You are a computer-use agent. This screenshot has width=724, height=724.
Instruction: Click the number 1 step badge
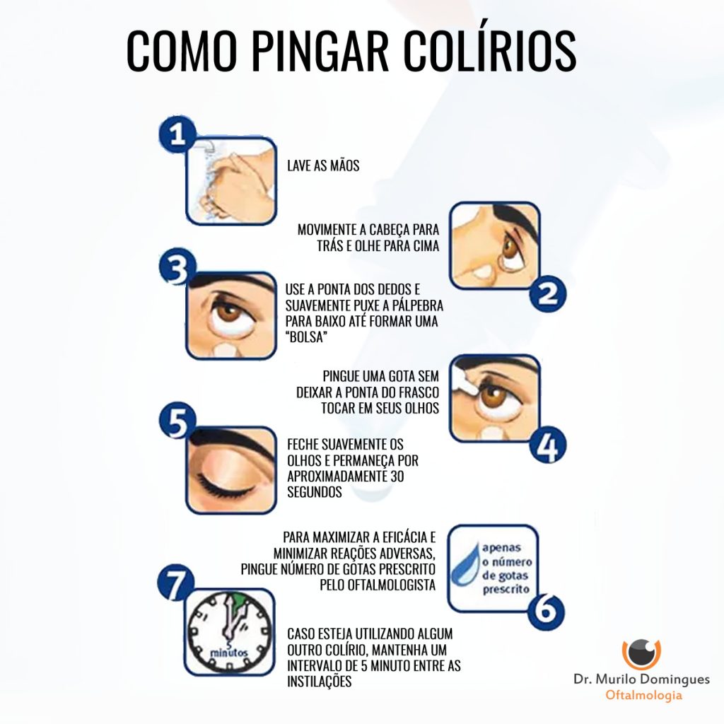click(177, 135)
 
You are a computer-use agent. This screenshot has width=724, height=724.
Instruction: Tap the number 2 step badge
click(548, 293)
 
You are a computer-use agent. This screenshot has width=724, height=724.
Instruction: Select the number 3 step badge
click(177, 268)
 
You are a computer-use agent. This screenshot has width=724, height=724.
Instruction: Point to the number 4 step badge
click(548, 445)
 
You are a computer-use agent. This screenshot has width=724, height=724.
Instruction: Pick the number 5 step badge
click(177, 421)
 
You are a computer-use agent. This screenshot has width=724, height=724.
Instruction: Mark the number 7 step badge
click(175, 584)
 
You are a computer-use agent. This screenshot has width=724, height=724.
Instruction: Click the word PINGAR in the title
click(321, 50)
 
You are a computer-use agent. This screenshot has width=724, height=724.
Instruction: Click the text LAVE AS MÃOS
click(323, 165)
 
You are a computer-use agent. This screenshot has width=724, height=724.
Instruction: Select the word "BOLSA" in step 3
click(306, 337)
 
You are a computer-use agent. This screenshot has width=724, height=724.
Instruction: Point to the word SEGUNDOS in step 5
click(315, 492)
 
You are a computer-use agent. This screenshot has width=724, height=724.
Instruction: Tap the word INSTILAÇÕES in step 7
click(320, 681)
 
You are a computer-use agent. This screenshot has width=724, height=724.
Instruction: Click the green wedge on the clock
click(238, 603)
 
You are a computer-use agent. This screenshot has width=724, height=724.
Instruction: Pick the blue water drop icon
click(465, 564)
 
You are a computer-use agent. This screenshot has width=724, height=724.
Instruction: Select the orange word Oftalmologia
click(643, 695)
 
